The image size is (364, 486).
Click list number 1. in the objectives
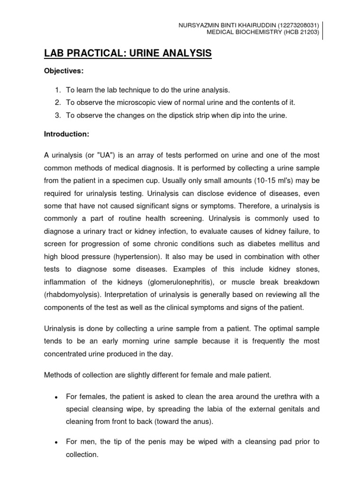click(57, 90)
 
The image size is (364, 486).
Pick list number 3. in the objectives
click(57, 115)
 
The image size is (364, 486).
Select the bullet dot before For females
click(56, 396)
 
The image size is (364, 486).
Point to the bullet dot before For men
click(56, 442)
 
